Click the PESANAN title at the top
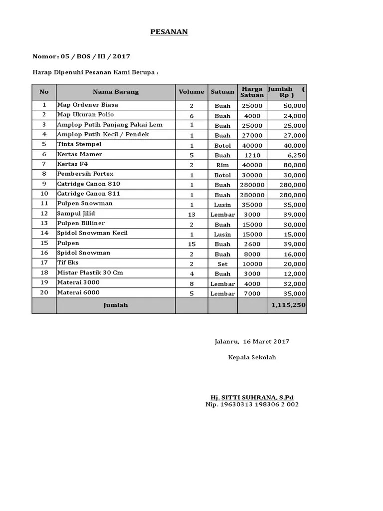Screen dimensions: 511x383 (169, 32)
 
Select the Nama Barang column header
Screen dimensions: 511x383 (116, 92)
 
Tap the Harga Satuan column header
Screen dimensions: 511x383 (252, 92)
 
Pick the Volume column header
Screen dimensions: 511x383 (191, 92)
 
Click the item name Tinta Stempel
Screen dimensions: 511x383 (79, 144)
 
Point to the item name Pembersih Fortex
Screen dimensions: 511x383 (85, 174)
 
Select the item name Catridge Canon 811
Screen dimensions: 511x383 (89, 194)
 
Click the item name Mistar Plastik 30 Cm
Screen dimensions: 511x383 (90, 272)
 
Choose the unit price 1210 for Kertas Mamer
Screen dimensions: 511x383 (252, 155)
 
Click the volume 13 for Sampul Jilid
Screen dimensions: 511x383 (191, 215)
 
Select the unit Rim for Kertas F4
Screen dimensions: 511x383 (222, 165)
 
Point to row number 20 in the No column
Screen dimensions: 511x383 (44, 293)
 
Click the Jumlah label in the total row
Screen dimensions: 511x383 (116, 305)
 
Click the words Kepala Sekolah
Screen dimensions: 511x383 (252, 357)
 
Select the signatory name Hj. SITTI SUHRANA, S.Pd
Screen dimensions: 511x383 (252, 397)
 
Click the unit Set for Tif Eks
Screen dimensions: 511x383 (222, 264)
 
